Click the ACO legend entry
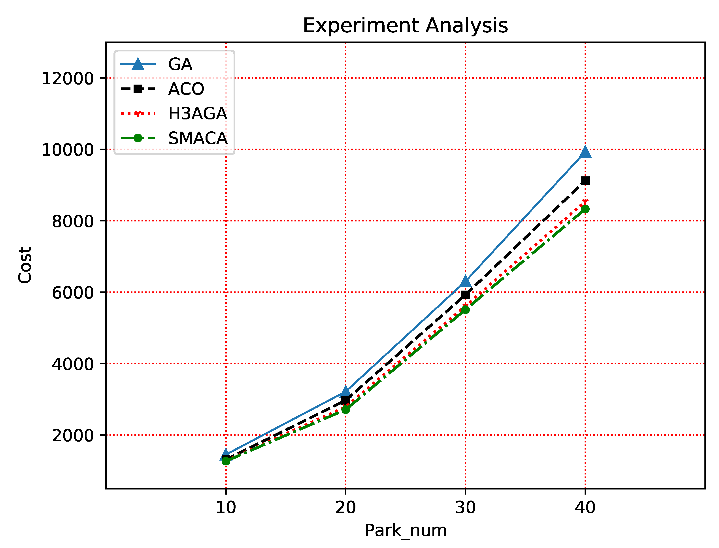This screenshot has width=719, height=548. pos(186,89)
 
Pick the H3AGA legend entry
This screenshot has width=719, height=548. pos(197,113)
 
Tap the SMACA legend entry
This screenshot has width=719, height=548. pos(198,138)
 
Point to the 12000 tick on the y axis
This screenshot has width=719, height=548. pos(68,79)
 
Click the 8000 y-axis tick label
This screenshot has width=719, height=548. pos(73,221)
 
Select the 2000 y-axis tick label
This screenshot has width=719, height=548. pos(73,436)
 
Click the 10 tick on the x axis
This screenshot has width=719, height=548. pos(226,508)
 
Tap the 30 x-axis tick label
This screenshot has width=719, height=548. pos(465,508)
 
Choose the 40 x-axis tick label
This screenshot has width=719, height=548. pos(585,508)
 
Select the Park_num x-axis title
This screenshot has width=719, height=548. pos(405,531)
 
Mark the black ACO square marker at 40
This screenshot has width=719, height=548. pos(585,181)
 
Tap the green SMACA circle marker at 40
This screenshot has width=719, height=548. pos(585,209)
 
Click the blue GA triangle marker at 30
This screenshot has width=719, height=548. pos(465,281)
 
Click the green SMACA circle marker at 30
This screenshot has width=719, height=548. pos(465,310)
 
